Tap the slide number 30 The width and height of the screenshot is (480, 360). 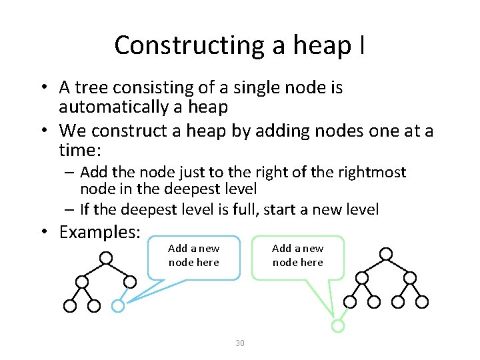(x=240, y=343)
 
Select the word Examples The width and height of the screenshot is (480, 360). (x=99, y=232)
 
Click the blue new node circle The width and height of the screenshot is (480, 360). (x=117, y=306)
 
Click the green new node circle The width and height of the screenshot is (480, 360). (x=338, y=326)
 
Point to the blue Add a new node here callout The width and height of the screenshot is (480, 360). (x=193, y=256)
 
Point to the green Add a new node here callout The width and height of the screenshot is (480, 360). (x=297, y=256)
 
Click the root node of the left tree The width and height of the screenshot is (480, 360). (x=105, y=257)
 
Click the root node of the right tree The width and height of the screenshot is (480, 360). (x=385, y=253)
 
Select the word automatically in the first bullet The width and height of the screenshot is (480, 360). (x=125, y=107)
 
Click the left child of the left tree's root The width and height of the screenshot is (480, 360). (x=81, y=282)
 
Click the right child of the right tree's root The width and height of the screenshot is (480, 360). (x=410, y=277)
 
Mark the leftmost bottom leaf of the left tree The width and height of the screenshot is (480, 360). (x=69, y=306)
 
